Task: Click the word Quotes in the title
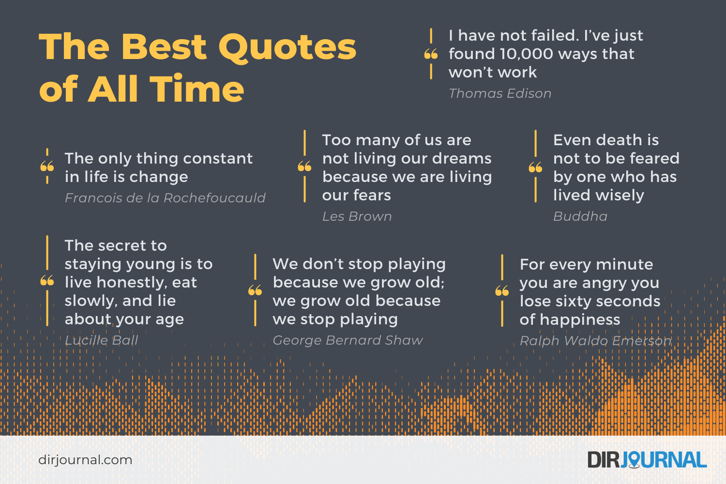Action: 287,47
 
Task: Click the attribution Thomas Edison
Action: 500,93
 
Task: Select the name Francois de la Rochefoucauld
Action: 165,198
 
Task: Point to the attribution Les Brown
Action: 357,216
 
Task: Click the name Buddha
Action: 580,216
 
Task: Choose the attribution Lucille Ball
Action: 102,340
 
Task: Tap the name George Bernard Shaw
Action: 348,340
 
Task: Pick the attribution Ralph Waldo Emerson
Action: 595,341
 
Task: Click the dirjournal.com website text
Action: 85,460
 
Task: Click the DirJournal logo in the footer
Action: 647,460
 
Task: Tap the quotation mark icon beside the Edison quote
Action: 431,54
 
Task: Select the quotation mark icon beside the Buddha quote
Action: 535,167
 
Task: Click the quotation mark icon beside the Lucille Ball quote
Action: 47,281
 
